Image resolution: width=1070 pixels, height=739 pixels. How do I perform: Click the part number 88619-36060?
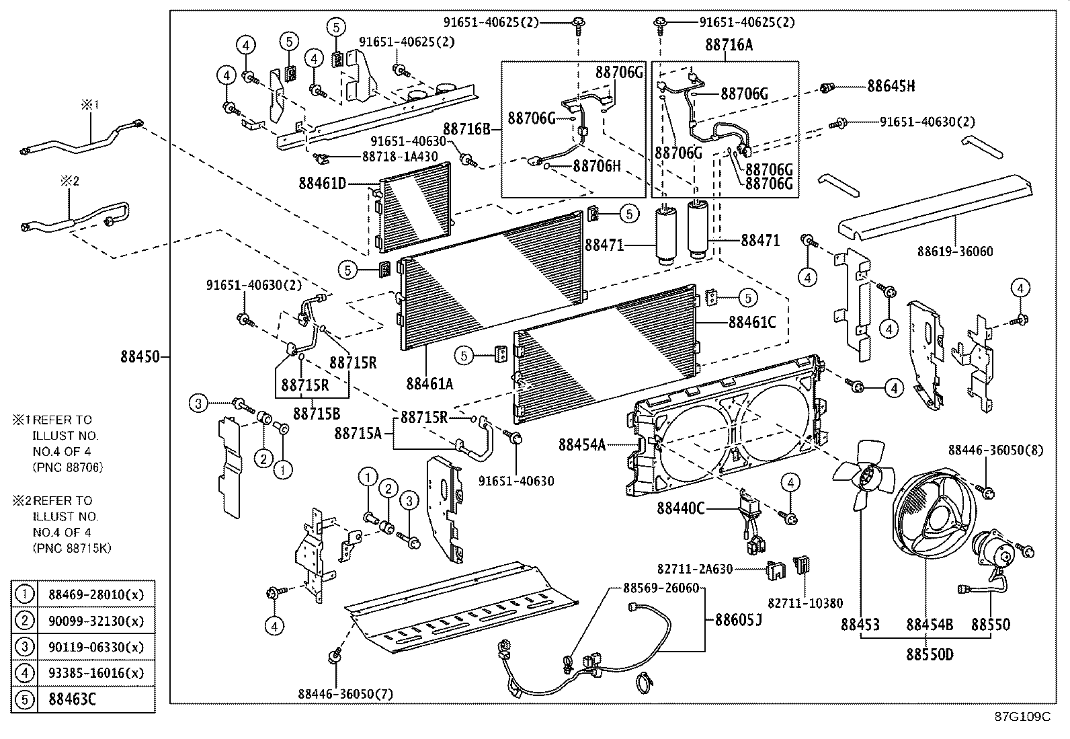coord(955,251)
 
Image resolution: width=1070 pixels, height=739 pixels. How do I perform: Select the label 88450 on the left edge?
coord(140,356)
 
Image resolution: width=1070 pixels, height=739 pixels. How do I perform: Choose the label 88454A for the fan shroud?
coord(582,444)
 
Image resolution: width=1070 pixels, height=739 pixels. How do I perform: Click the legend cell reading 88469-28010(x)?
coord(96,594)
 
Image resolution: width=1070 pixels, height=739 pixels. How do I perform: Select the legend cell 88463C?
coord(73,699)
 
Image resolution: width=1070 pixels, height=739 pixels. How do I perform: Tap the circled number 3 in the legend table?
coord(25,647)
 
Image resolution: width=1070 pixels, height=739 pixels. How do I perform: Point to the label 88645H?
coord(891,86)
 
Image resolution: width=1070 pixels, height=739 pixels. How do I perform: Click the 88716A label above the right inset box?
coord(729,45)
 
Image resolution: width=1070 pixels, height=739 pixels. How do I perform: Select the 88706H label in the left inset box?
coord(597,165)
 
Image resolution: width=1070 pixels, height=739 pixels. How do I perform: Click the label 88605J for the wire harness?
coord(738,619)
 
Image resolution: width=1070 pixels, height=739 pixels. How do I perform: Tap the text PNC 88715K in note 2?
coord(72,548)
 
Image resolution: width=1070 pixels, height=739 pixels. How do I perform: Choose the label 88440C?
coord(681,508)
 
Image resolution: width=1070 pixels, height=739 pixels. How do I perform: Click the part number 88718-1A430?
coord(400,156)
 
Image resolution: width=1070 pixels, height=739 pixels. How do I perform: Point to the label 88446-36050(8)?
coord(996,450)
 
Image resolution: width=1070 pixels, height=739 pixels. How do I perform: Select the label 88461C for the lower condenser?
coord(752,322)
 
